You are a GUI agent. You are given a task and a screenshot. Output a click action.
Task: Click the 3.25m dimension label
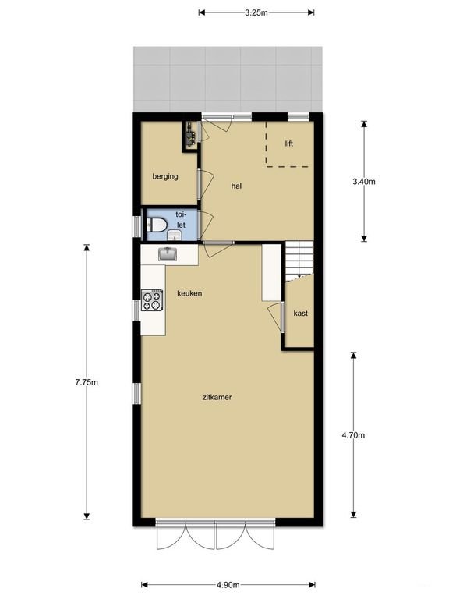coord(256,12)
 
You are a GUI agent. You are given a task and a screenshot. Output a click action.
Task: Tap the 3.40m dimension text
coord(364,182)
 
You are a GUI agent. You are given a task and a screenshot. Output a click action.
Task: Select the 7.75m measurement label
coord(86,382)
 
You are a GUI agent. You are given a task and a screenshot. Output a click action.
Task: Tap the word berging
coord(165,176)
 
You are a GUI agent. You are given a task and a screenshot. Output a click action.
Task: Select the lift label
coord(289,144)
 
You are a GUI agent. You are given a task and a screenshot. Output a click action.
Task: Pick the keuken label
coord(190,293)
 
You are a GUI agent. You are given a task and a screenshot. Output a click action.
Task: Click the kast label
coord(300,314)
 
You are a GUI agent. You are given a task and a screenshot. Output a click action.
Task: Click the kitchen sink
coord(168,253)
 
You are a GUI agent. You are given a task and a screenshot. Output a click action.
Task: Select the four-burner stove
coord(153,300)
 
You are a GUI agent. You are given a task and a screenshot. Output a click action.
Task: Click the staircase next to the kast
coord(299,259)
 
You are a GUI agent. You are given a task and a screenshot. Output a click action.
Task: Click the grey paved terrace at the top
coord(227,78)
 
